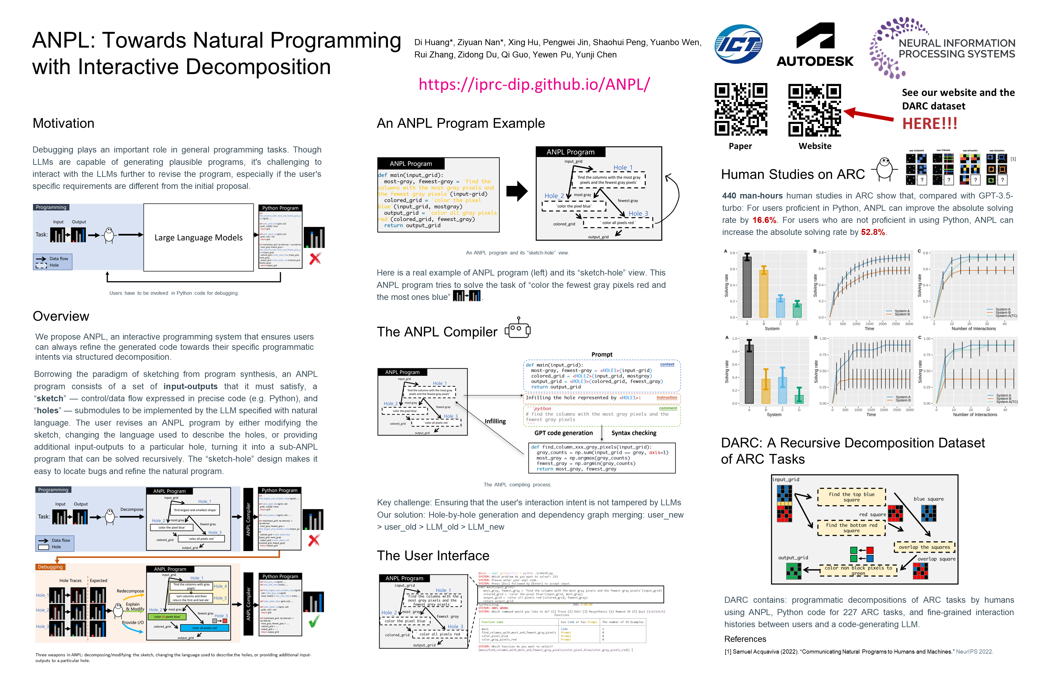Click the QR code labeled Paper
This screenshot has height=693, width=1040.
(741, 109)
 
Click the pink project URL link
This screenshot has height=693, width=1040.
(534, 84)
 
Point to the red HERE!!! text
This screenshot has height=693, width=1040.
(930, 124)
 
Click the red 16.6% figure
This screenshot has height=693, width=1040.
(764, 220)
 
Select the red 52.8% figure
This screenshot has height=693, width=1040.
(872, 232)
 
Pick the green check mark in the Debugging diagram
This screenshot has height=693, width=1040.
(314, 621)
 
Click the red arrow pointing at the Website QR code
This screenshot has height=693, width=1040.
(869, 115)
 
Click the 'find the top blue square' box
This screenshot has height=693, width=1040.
(851, 497)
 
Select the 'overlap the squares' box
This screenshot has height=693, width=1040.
(924, 547)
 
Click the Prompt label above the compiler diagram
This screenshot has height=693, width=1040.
(602, 354)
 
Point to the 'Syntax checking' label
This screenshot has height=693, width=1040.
(634, 433)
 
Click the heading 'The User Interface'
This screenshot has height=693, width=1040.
(433, 556)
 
